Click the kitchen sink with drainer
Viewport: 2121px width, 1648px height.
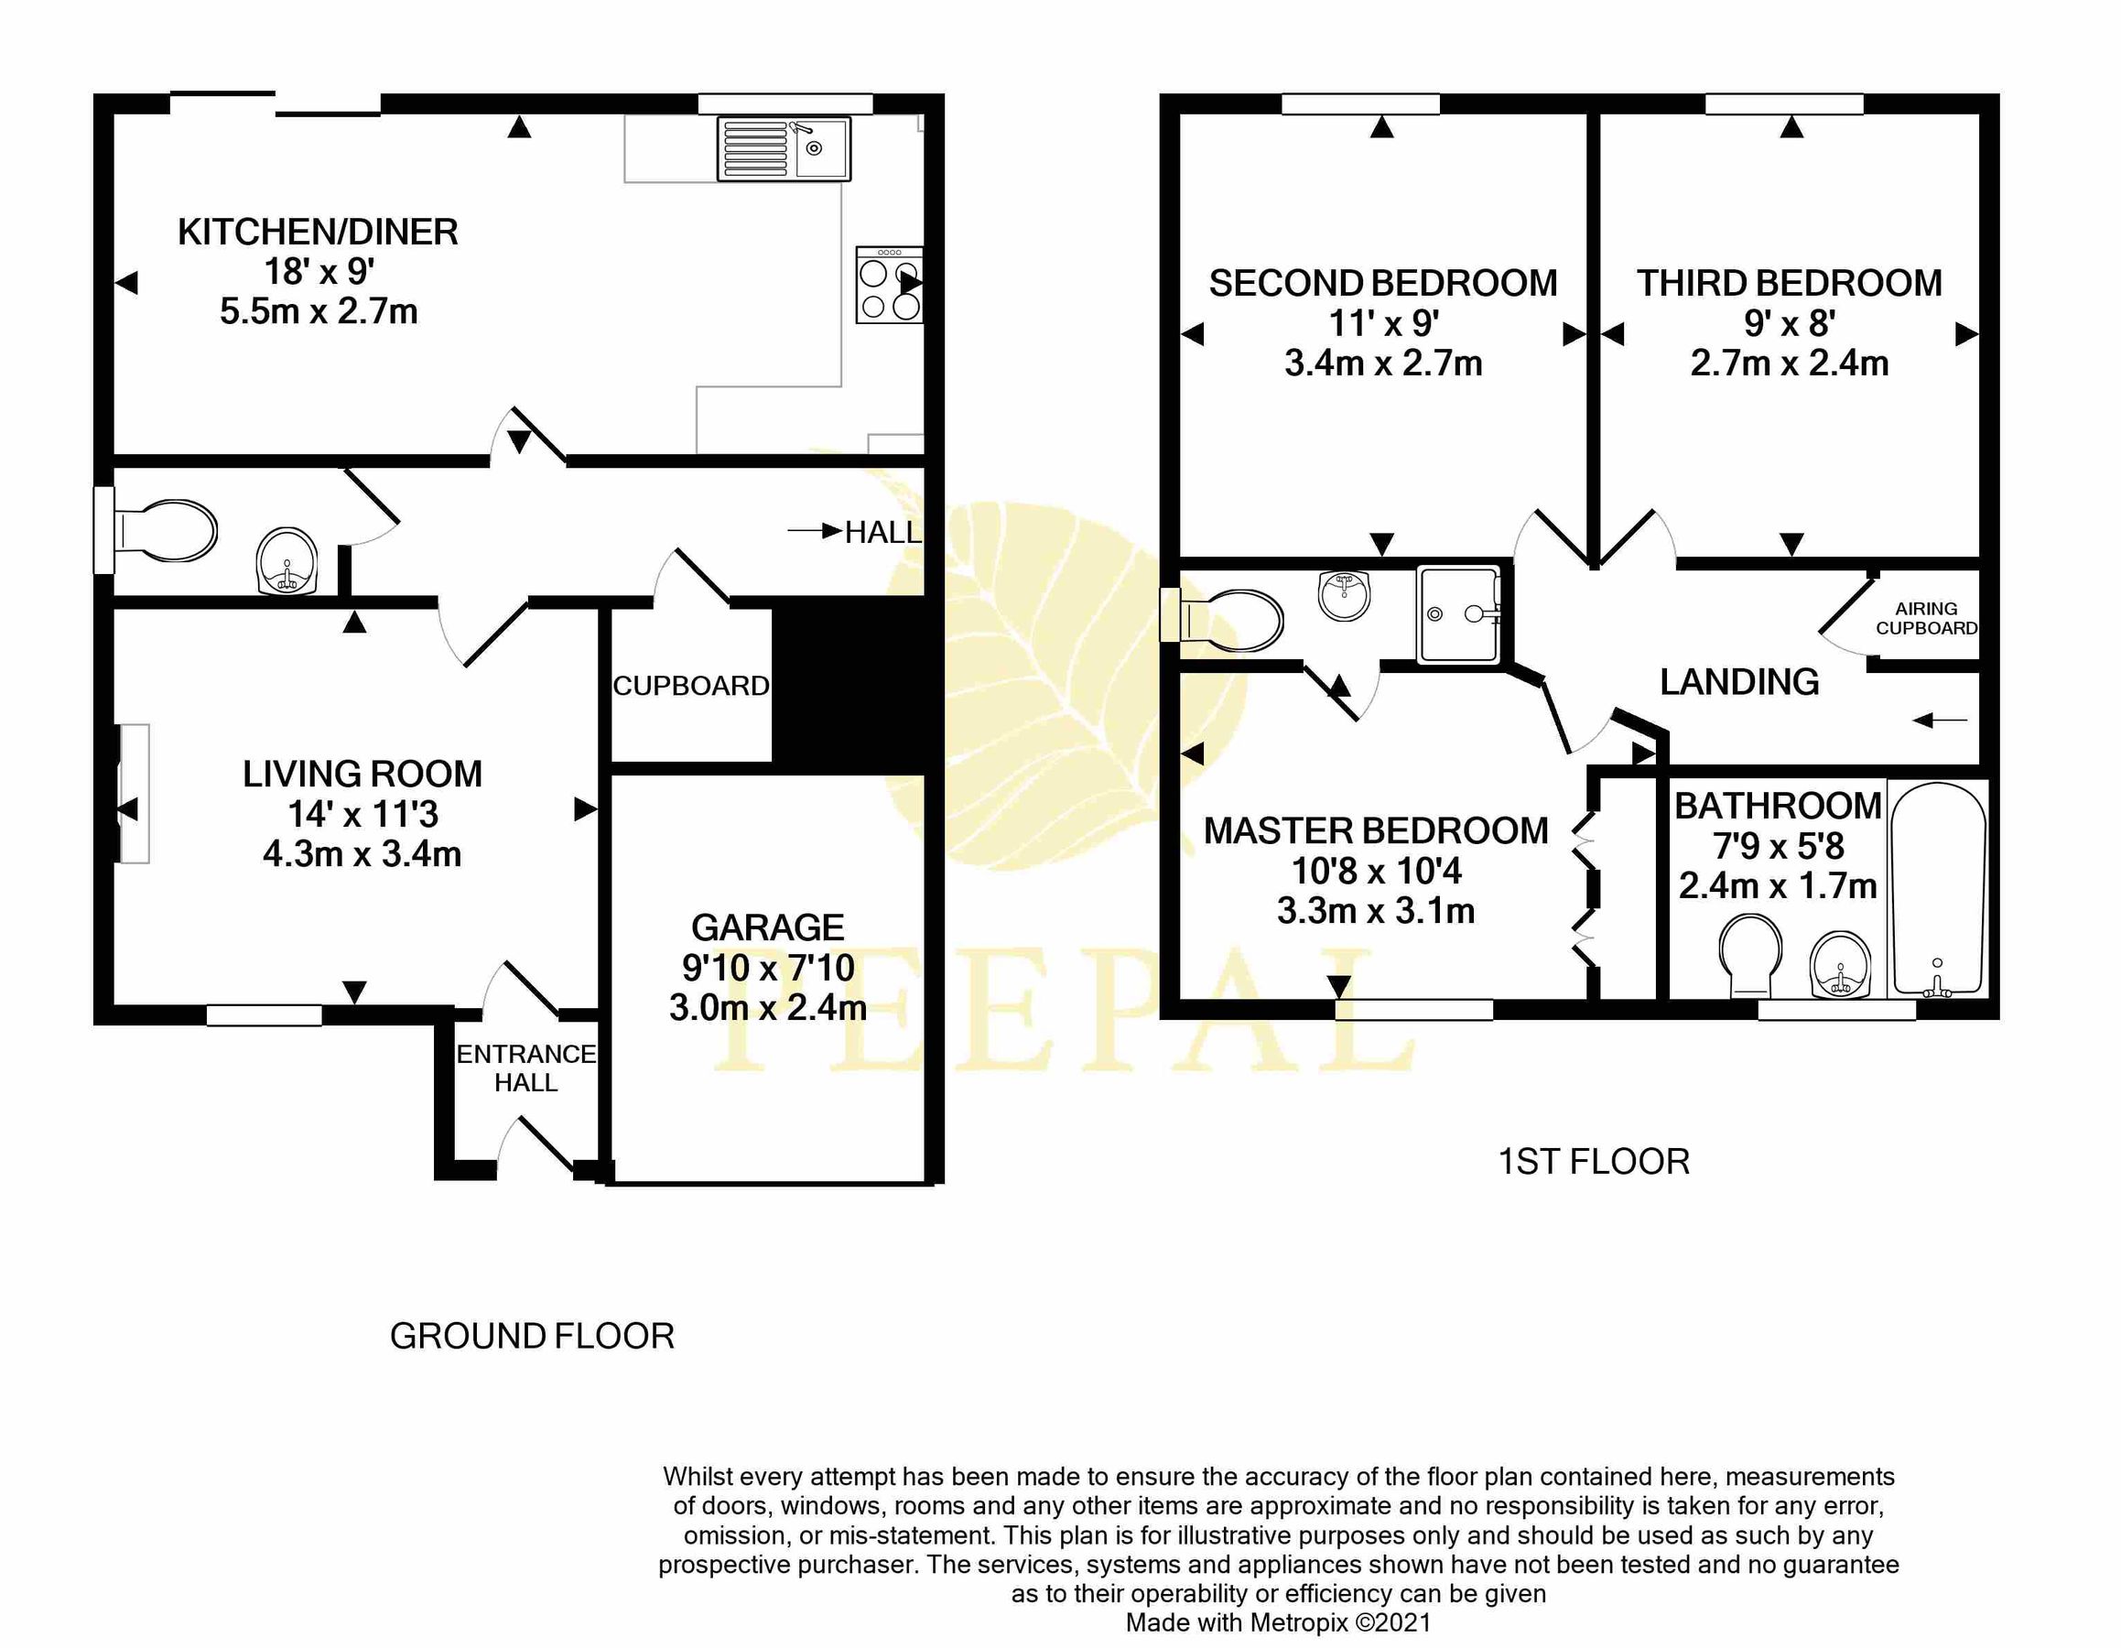coord(783,148)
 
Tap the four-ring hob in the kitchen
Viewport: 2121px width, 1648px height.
coord(888,285)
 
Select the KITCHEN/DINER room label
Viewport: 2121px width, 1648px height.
coord(318,233)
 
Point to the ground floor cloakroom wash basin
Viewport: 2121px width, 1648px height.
coord(287,562)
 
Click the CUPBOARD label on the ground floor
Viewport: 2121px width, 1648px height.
coord(690,687)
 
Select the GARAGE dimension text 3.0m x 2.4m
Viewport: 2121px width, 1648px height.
coord(767,1007)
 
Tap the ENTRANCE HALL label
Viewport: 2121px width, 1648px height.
coord(525,1068)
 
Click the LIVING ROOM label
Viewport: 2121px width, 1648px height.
coord(363,774)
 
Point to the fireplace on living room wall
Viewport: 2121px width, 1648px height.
coord(134,794)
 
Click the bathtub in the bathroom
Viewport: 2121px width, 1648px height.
coord(1937,889)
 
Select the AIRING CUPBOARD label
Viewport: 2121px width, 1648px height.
coord(1926,619)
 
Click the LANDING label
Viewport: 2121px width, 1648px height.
coord(1739,683)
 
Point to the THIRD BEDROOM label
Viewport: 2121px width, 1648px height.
coord(1789,284)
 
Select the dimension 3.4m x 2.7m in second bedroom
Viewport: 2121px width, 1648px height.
coord(1383,363)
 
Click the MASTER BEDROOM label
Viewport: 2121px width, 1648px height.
coord(1375,831)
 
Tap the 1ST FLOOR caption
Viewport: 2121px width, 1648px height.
coord(1594,1162)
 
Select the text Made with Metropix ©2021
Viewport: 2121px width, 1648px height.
coord(1278,1621)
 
